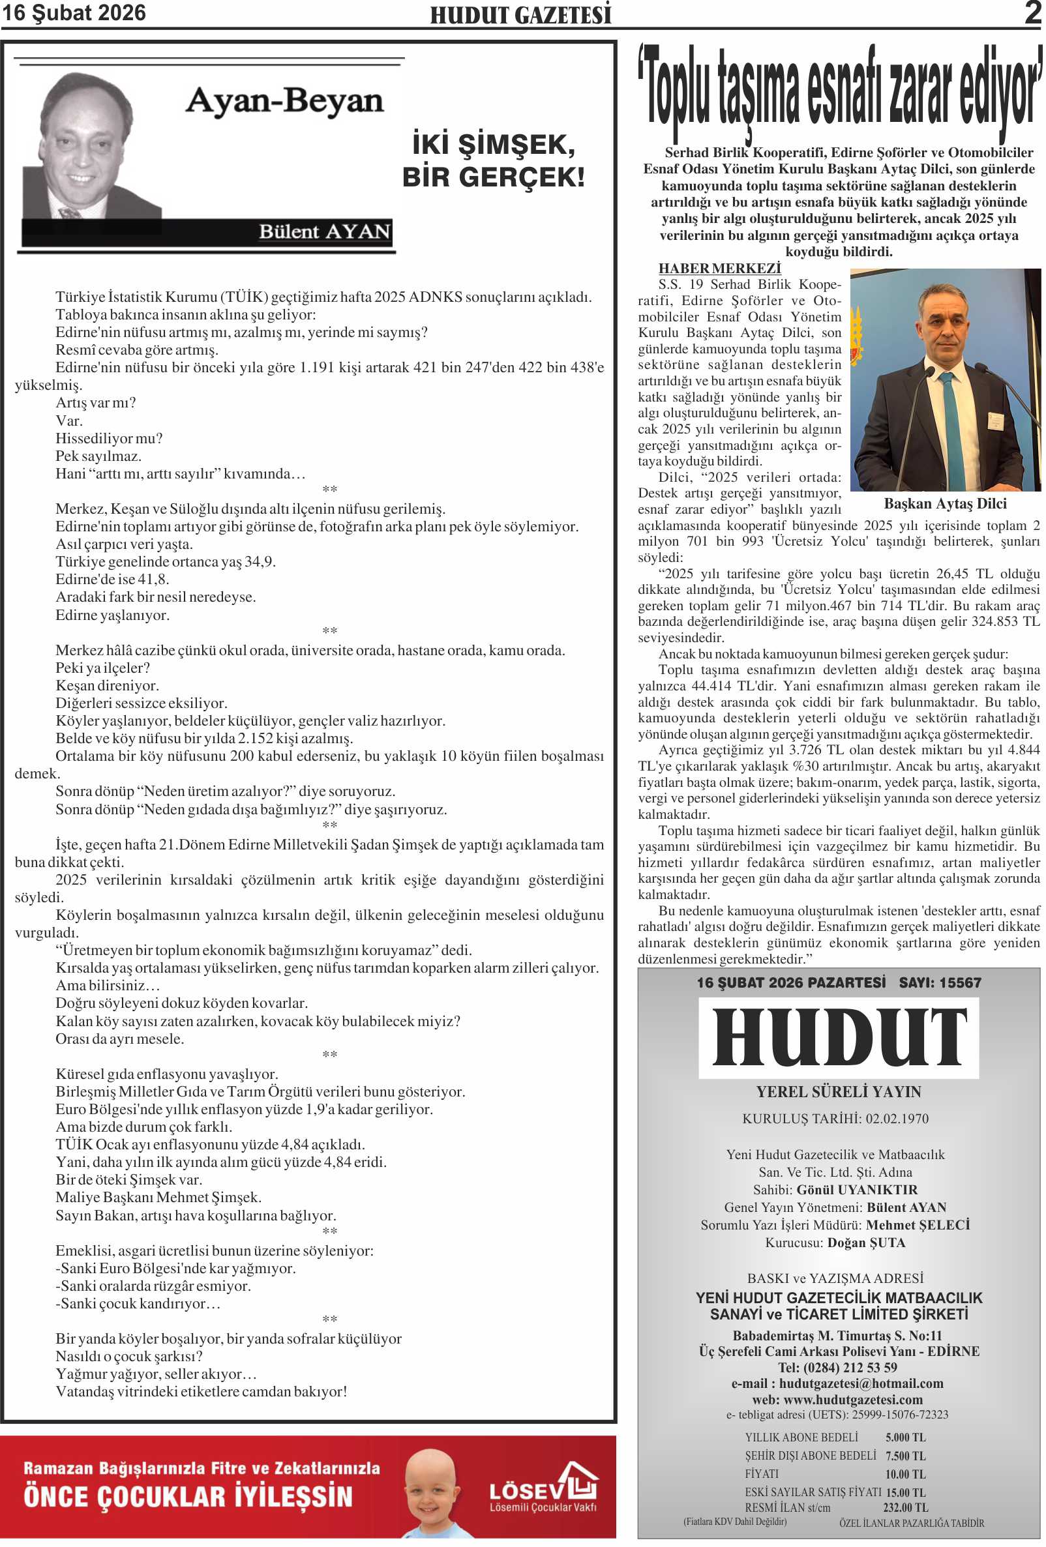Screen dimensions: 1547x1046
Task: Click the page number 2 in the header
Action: (1032, 12)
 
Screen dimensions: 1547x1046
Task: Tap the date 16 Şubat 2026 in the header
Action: (74, 12)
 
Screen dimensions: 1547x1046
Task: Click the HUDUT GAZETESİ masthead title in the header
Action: (520, 14)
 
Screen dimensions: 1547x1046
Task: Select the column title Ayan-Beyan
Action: (284, 102)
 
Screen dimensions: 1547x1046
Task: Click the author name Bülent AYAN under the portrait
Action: (323, 231)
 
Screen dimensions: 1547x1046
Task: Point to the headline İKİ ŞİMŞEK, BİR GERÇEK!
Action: (493, 161)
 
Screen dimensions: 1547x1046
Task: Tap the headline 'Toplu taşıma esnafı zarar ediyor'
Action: (839, 89)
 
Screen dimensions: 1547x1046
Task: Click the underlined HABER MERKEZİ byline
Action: (719, 268)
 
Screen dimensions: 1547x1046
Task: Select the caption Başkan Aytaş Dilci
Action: (944, 503)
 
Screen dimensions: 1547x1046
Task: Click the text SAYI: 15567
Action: (940, 982)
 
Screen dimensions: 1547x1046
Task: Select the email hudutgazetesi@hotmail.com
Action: (860, 1383)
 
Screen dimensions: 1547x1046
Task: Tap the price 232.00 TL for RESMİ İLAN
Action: (905, 1508)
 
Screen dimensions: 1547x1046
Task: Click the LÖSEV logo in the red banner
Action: (543, 1490)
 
